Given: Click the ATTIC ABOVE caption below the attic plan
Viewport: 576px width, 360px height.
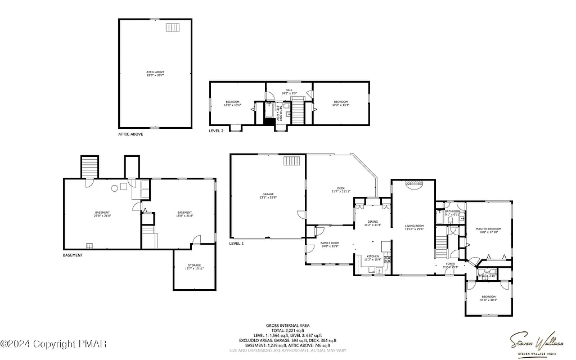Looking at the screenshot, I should [x=130, y=134].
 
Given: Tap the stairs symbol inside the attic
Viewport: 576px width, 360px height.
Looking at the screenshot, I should [x=172, y=27].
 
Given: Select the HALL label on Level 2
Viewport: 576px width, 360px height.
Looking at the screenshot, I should [x=289, y=90].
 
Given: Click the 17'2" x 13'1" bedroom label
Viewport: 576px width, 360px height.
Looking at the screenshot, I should [x=341, y=103].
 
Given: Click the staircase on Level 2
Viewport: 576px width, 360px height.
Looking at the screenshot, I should [x=297, y=110].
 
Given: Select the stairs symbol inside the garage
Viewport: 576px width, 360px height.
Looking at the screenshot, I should [x=292, y=161].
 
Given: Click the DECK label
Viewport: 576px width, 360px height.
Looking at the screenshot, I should [x=341, y=190].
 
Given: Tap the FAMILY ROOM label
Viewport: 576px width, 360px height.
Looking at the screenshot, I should [x=330, y=244].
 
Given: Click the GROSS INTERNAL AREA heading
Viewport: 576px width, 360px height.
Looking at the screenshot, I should [x=287, y=325].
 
